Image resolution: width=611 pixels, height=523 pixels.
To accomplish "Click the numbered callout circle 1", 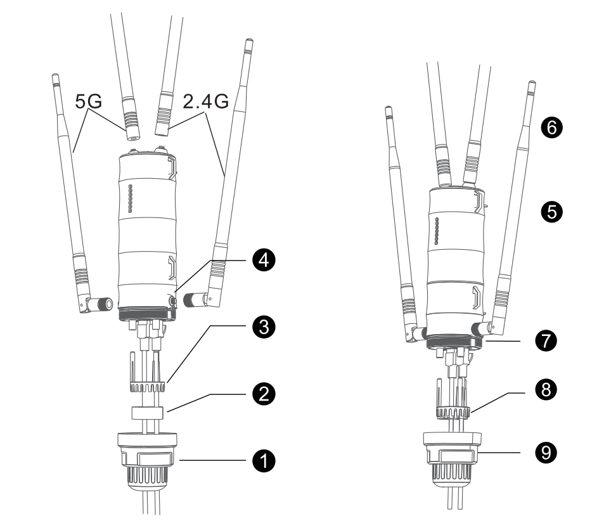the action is pyautogui.click(x=264, y=461).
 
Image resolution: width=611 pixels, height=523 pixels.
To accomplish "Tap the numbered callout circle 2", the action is pyautogui.click(x=264, y=394).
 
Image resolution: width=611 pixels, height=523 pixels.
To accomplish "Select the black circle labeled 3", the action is pyautogui.click(x=264, y=326).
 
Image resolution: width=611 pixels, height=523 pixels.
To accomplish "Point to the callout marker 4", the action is pyautogui.click(x=264, y=260).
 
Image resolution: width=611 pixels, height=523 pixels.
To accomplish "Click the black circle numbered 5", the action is pyautogui.click(x=552, y=212).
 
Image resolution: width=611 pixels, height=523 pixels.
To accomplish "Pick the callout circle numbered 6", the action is pyautogui.click(x=552, y=127).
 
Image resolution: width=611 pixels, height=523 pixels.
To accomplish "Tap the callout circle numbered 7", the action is pyautogui.click(x=546, y=340).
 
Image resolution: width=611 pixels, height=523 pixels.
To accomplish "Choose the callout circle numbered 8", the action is pyautogui.click(x=546, y=389).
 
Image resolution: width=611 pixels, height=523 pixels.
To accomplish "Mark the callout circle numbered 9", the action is pyautogui.click(x=546, y=453).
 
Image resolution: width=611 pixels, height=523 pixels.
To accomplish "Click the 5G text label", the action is pyautogui.click(x=89, y=101).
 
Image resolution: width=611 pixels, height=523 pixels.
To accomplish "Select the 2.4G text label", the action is pyautogui.click(x=205, y=101).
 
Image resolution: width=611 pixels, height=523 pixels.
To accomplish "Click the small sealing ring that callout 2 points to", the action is pyautogui.click(x=147, y=413).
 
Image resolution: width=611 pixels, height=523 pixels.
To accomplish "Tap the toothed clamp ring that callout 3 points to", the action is pyautogui.click(x=147, y=387).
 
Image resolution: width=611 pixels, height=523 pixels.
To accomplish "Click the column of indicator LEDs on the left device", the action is pyautogui.click(x=131, y=199).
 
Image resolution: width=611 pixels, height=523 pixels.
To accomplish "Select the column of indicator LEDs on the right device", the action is pyautogui.click(x=437, y=231).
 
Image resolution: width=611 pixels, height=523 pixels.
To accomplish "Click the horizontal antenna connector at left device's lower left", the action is pyautogui.click(x=100, y=304).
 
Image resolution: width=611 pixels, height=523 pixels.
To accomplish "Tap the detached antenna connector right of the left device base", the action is pyautogui.click(x=194, y=299).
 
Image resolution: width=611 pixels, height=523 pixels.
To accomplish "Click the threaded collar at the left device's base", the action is pyautogui.click(x=147, y=314).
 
